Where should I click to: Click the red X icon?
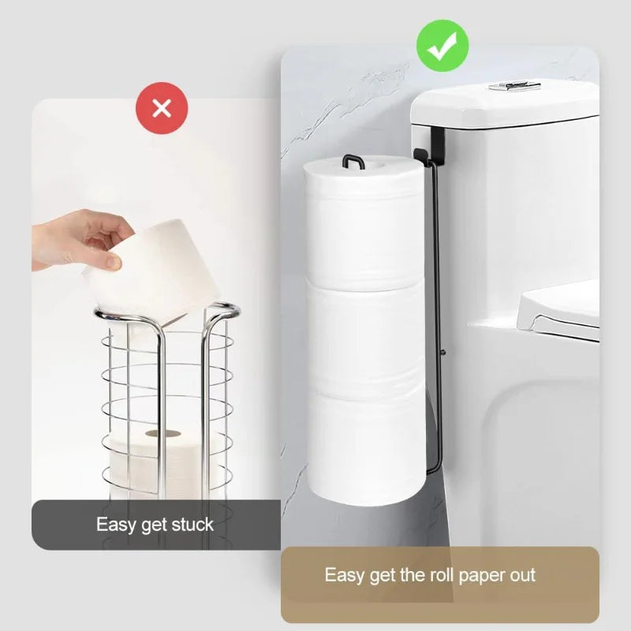click(162, 108)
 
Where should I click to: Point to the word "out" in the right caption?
click(521, 574)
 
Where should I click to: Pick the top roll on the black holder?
click(364, 221)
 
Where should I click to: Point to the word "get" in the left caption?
click(151, 524)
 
